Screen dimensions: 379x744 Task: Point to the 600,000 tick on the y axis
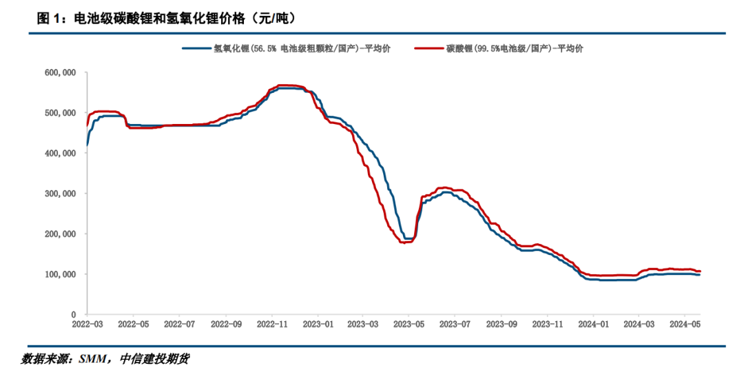tap(60, 72)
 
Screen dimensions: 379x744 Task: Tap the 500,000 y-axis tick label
tap(60, 113)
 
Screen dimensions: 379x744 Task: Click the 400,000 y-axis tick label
tap(60, 153)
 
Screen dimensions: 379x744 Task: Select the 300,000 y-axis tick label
tap(60, 194)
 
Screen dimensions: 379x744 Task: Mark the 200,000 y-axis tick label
tap(60, 234)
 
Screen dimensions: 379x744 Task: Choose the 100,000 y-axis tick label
tap(60, 274)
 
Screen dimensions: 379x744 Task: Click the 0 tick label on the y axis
tap(74, 315)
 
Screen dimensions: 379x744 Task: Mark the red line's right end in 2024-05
tap(700, 271)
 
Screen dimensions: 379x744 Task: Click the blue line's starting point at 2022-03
tap(87, 145)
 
